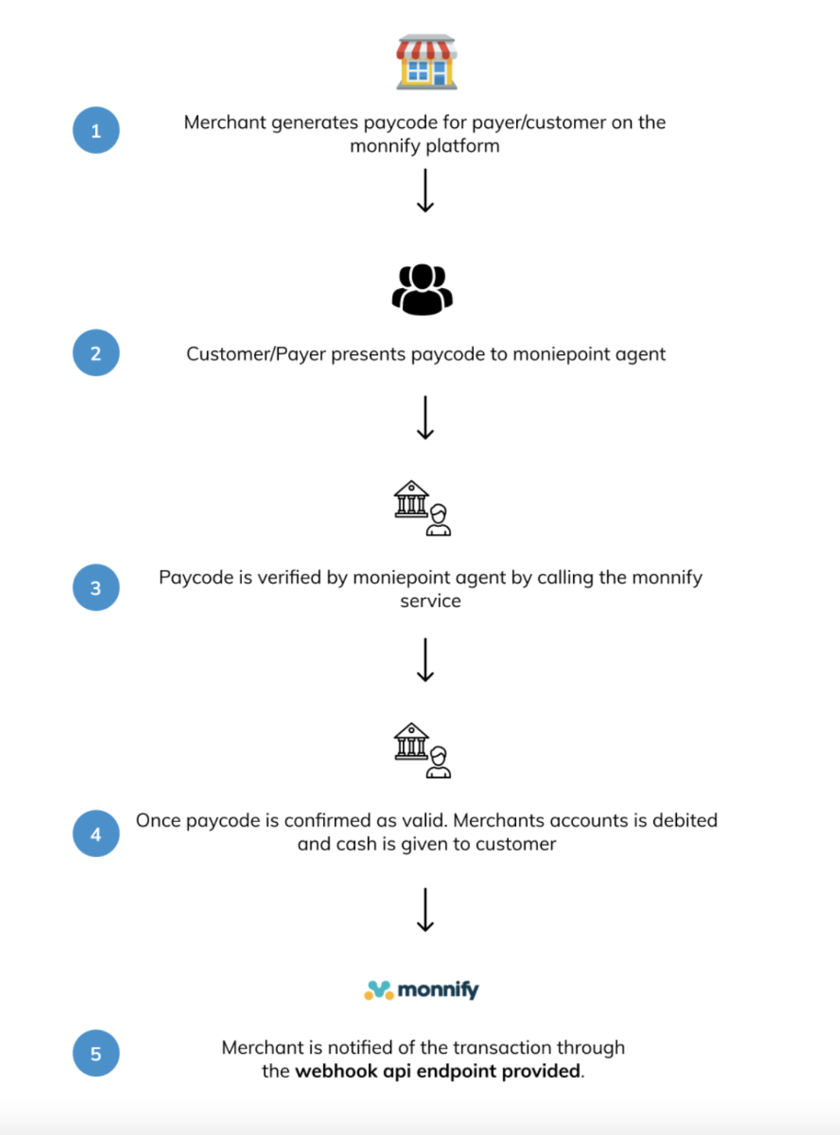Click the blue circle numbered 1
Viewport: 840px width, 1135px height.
[96, 130]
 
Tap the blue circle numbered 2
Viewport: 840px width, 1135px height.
[96, 353]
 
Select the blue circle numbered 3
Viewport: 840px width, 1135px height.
[96, 588]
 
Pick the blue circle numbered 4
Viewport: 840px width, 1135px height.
[96, 834]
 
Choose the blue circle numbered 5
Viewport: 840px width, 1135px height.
[96, 1053]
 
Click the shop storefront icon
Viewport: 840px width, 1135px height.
[426, 62]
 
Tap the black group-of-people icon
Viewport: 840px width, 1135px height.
[422, 290]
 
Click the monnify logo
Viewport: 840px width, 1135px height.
[422, 990]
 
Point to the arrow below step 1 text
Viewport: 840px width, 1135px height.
[425, 191]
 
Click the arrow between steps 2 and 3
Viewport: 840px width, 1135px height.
[425, 418]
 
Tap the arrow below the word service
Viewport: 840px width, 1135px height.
[425, 660]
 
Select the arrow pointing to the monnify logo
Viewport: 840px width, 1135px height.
[425, 909]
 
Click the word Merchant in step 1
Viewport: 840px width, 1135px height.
[225, 123]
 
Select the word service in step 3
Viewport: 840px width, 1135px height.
[430, 601]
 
